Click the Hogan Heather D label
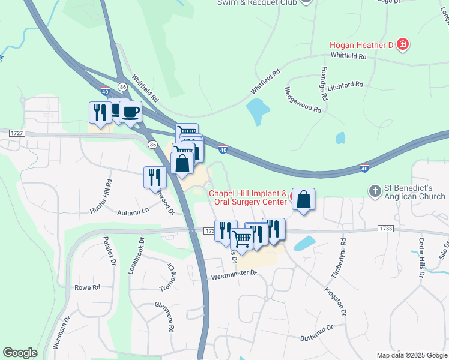(362, 45)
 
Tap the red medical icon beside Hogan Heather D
(403, 44)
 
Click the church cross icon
(375, 191)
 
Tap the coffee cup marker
(130, 112)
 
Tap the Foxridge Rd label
(324, 83)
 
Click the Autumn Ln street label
(133, 212)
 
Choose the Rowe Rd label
(87, 287)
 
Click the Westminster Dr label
(234, 274)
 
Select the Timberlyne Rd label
(337, 259)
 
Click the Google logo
(20, 353)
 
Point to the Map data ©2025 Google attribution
(411, 355)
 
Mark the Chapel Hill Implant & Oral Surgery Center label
(248, 198)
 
